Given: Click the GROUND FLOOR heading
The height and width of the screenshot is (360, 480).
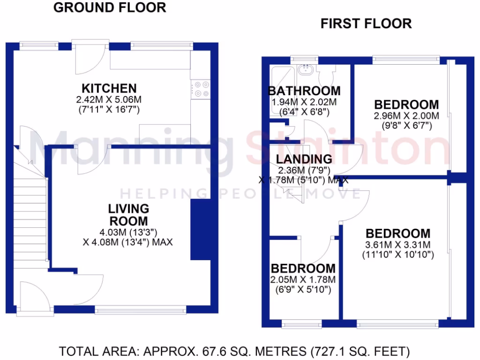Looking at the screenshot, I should point(110,7).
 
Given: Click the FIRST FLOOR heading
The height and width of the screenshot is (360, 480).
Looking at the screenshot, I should point(366,23).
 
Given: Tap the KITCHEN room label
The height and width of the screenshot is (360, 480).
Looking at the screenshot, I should point(109,88).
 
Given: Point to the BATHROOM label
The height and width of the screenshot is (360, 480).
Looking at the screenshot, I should point(304,91).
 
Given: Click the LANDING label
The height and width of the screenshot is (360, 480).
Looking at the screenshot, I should point(304,159).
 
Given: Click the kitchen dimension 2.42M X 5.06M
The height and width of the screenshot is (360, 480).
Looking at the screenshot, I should point(109,100).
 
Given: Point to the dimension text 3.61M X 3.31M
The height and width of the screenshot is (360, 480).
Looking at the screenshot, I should point(397,245).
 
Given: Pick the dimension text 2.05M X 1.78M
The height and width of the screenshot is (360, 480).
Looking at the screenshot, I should point(303,280).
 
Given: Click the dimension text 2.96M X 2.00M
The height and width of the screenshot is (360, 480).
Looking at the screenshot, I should point(406,116).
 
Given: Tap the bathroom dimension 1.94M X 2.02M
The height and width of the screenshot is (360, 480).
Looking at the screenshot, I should point(304,102).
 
